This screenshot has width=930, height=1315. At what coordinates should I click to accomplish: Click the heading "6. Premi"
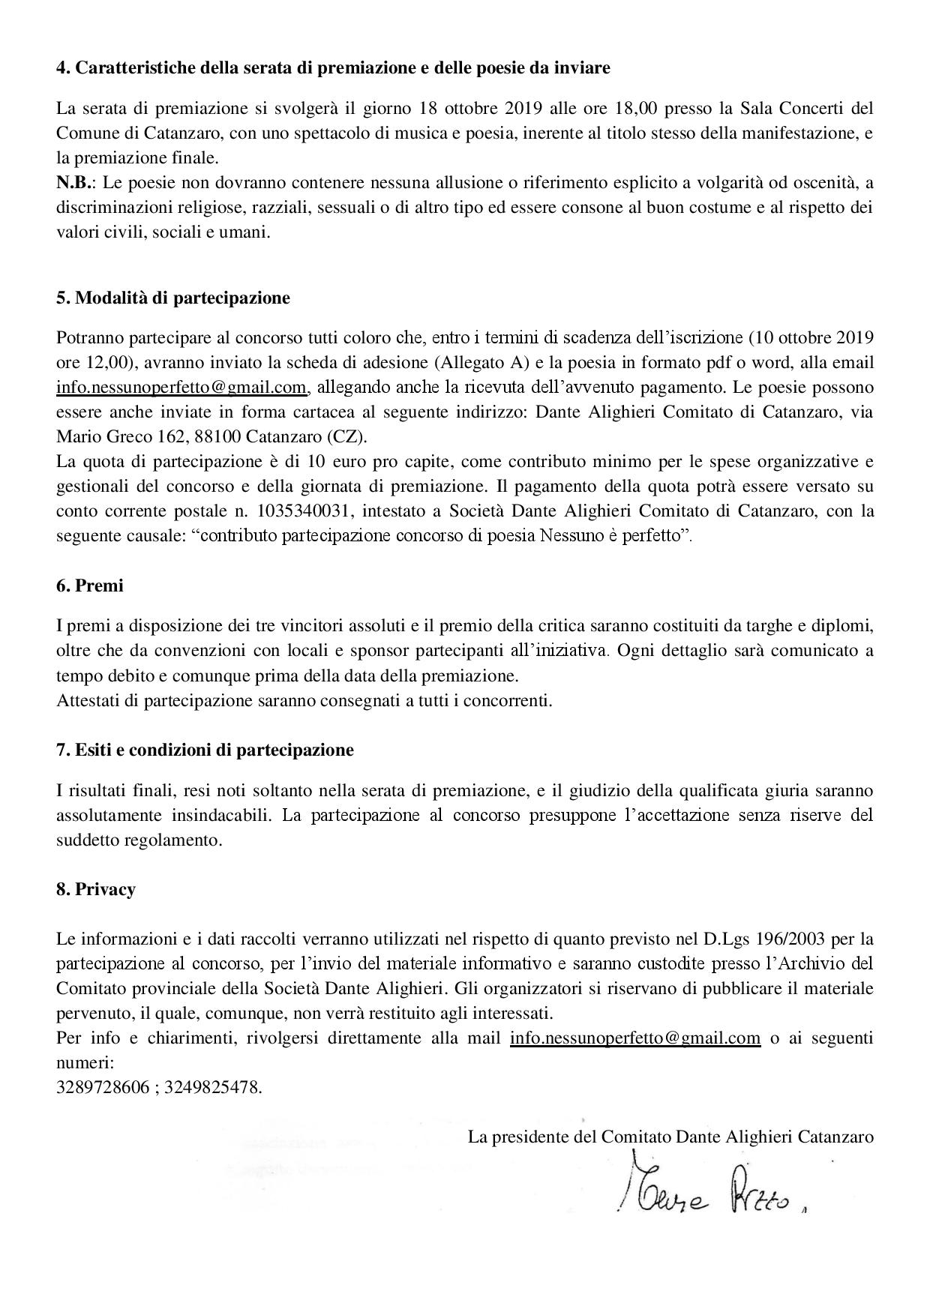click(x=89, y=586)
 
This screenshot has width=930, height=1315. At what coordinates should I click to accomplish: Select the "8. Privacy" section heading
click(x=95, y=889)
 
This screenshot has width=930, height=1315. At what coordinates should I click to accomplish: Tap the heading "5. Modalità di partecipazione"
click(x=172, y=298)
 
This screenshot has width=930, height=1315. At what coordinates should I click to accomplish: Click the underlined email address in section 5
click(x=181, y=388)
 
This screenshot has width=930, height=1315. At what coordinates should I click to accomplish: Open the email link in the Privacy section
click(x=634, y=1038)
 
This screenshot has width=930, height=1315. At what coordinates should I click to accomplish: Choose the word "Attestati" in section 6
click(x=87, y=701)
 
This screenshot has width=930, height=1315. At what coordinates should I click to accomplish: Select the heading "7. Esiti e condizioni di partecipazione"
click(x=205, y=750)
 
